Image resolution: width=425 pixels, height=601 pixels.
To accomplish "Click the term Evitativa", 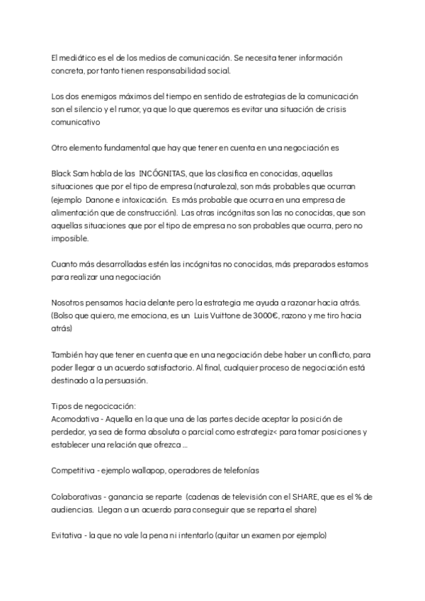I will click(x=69, y=536).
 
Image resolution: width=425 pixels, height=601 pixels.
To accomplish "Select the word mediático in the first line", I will click(x=81, y=56).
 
